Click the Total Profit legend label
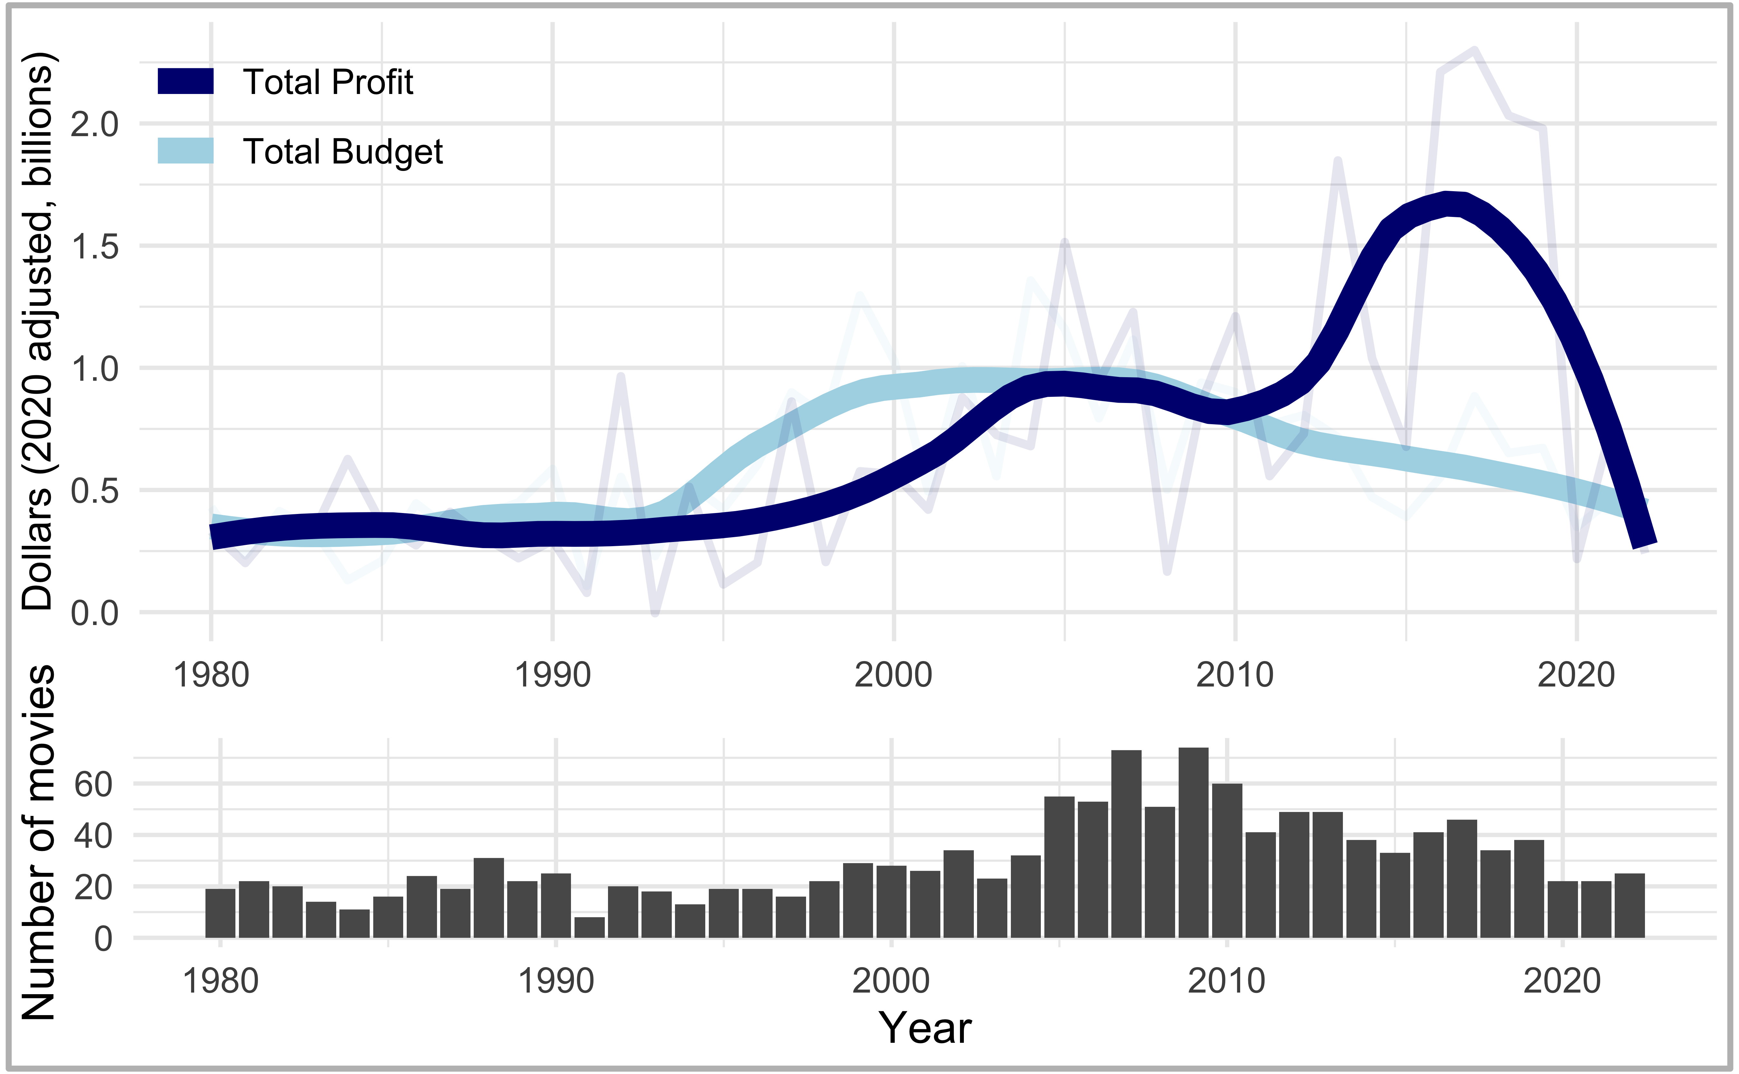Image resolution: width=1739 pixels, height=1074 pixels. click(328, 82)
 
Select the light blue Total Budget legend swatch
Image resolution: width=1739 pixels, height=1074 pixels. click(185, 151)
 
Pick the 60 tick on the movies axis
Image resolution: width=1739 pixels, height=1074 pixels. click(93, 784)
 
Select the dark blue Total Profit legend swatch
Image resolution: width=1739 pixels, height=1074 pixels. click(185, 81)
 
